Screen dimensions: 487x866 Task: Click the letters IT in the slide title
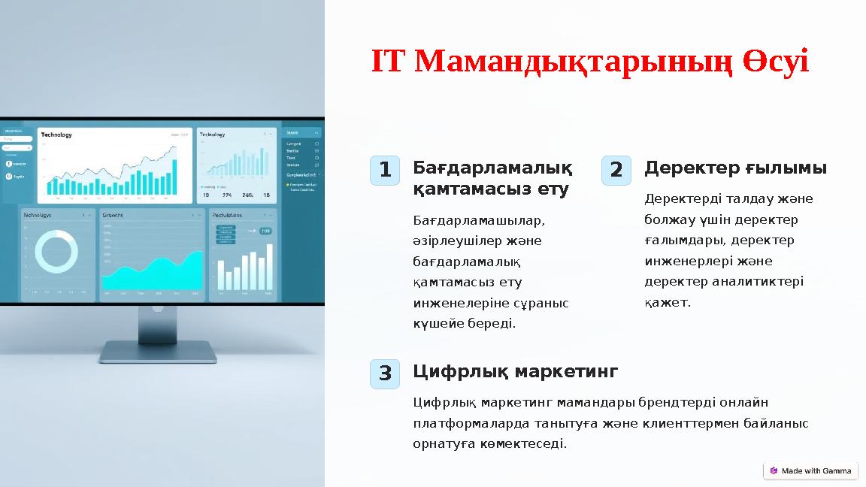point(389,62)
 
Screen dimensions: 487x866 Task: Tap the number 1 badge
point(385,171)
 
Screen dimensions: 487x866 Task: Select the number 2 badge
point(616,171)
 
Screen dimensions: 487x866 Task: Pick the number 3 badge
point(385,374)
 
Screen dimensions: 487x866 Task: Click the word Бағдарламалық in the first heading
point(492,168)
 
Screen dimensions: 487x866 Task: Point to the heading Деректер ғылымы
point(735,168)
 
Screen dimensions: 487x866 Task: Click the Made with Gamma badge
point(810,470)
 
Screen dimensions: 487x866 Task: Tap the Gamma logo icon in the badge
point(774,470)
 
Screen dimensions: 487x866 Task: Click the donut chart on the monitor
point(56,251)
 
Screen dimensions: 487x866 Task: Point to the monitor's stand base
point(158,351)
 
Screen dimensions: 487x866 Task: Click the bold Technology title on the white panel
point(56,135)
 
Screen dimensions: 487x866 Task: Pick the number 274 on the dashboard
point(227,195)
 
